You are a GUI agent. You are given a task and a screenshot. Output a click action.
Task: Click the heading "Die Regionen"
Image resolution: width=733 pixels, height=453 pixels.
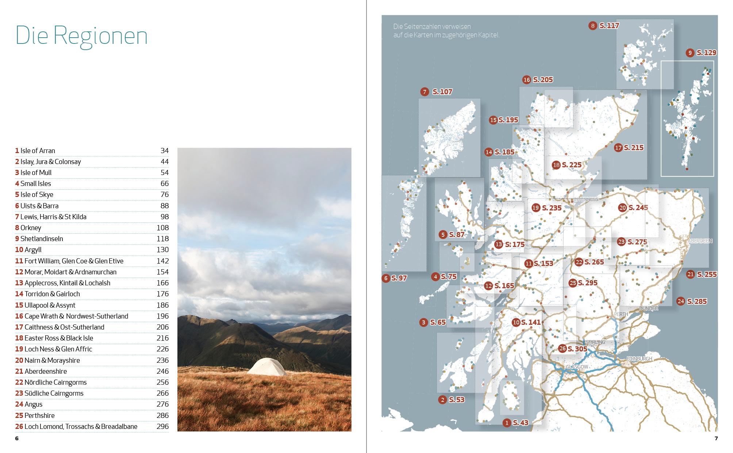point(81,36)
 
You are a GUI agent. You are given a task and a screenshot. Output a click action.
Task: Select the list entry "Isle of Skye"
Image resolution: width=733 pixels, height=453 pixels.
point(37,194)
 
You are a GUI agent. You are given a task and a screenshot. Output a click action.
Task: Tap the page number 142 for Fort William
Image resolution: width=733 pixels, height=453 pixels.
point(162,261)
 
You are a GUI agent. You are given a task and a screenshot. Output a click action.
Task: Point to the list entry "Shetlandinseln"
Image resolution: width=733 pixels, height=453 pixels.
point(42,239)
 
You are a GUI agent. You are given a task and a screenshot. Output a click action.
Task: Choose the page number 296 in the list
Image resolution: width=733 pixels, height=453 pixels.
point(162,426)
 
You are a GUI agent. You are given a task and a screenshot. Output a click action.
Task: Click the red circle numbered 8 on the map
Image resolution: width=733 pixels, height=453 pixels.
point(593,26)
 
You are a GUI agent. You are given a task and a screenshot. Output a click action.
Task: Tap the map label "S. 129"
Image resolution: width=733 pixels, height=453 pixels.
point(706,53)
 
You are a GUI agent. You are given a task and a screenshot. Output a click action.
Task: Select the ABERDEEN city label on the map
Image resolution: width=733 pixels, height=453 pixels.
point(700,241)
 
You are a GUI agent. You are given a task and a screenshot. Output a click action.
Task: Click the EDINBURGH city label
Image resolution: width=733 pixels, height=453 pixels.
point(639,359)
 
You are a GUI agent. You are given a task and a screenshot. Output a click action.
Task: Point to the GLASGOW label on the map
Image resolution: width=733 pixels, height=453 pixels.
point(577,367)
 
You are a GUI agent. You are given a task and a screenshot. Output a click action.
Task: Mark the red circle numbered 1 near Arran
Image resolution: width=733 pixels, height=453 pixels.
point(507,423)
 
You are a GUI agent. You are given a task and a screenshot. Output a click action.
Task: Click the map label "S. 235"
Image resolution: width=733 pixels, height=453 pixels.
point(552,208)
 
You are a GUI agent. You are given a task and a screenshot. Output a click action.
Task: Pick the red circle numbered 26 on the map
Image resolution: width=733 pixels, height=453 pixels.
point(563,349)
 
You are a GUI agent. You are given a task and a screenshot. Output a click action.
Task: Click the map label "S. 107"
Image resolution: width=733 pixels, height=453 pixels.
point(442,92)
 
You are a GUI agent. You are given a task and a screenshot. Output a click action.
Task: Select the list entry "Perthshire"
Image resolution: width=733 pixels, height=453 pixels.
point(39,415)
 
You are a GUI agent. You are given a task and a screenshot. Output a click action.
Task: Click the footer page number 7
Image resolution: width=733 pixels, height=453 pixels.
point(716,438)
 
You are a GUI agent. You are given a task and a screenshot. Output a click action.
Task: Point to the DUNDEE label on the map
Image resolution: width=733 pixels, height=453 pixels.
point(648,309)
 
